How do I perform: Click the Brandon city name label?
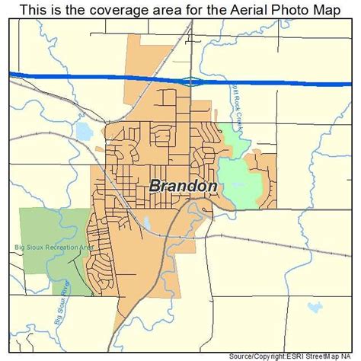(184, 187)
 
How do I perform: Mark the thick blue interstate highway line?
(91, 76)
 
